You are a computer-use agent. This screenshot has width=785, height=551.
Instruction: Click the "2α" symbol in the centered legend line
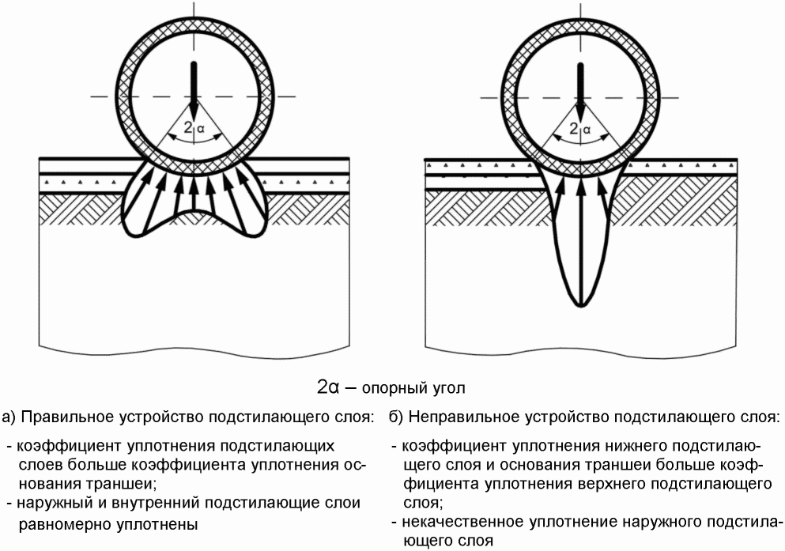(328, 387)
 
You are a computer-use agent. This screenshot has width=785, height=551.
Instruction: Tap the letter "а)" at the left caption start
(9, 417)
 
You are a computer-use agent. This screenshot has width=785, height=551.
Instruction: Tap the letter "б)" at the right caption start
(398, 417)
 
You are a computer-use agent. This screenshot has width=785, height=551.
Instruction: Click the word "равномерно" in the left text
(55, 523)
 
